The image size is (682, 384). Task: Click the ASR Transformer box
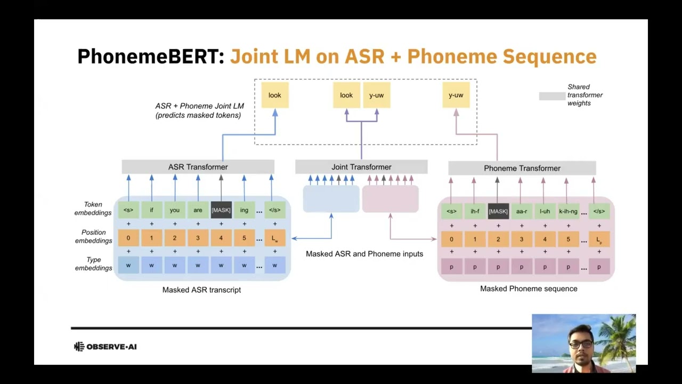(198, 167)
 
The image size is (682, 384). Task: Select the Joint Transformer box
(361, 167)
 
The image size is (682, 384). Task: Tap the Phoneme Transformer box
(522, 168)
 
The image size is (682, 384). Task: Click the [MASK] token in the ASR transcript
(221, 210)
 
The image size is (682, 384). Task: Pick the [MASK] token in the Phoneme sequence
(498, 211)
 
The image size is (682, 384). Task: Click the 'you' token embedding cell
(175, 210)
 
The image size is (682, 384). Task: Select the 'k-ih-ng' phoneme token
(568, 211)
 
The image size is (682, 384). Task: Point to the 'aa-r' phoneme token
(522, 211)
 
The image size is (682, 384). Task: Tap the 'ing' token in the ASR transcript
(244, 210)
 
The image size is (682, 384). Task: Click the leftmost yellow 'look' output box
(275, 95)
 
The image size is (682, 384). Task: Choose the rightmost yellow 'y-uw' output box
(456, 95)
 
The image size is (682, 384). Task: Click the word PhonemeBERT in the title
(151, 56)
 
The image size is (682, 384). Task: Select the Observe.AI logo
(105, 347)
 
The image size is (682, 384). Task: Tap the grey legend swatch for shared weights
(552, 96)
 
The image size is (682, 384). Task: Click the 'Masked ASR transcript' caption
(201, 290)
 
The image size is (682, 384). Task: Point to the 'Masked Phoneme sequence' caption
(529, 289)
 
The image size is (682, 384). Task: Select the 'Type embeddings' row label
(93, 264)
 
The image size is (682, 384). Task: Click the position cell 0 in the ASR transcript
(128, 238)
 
